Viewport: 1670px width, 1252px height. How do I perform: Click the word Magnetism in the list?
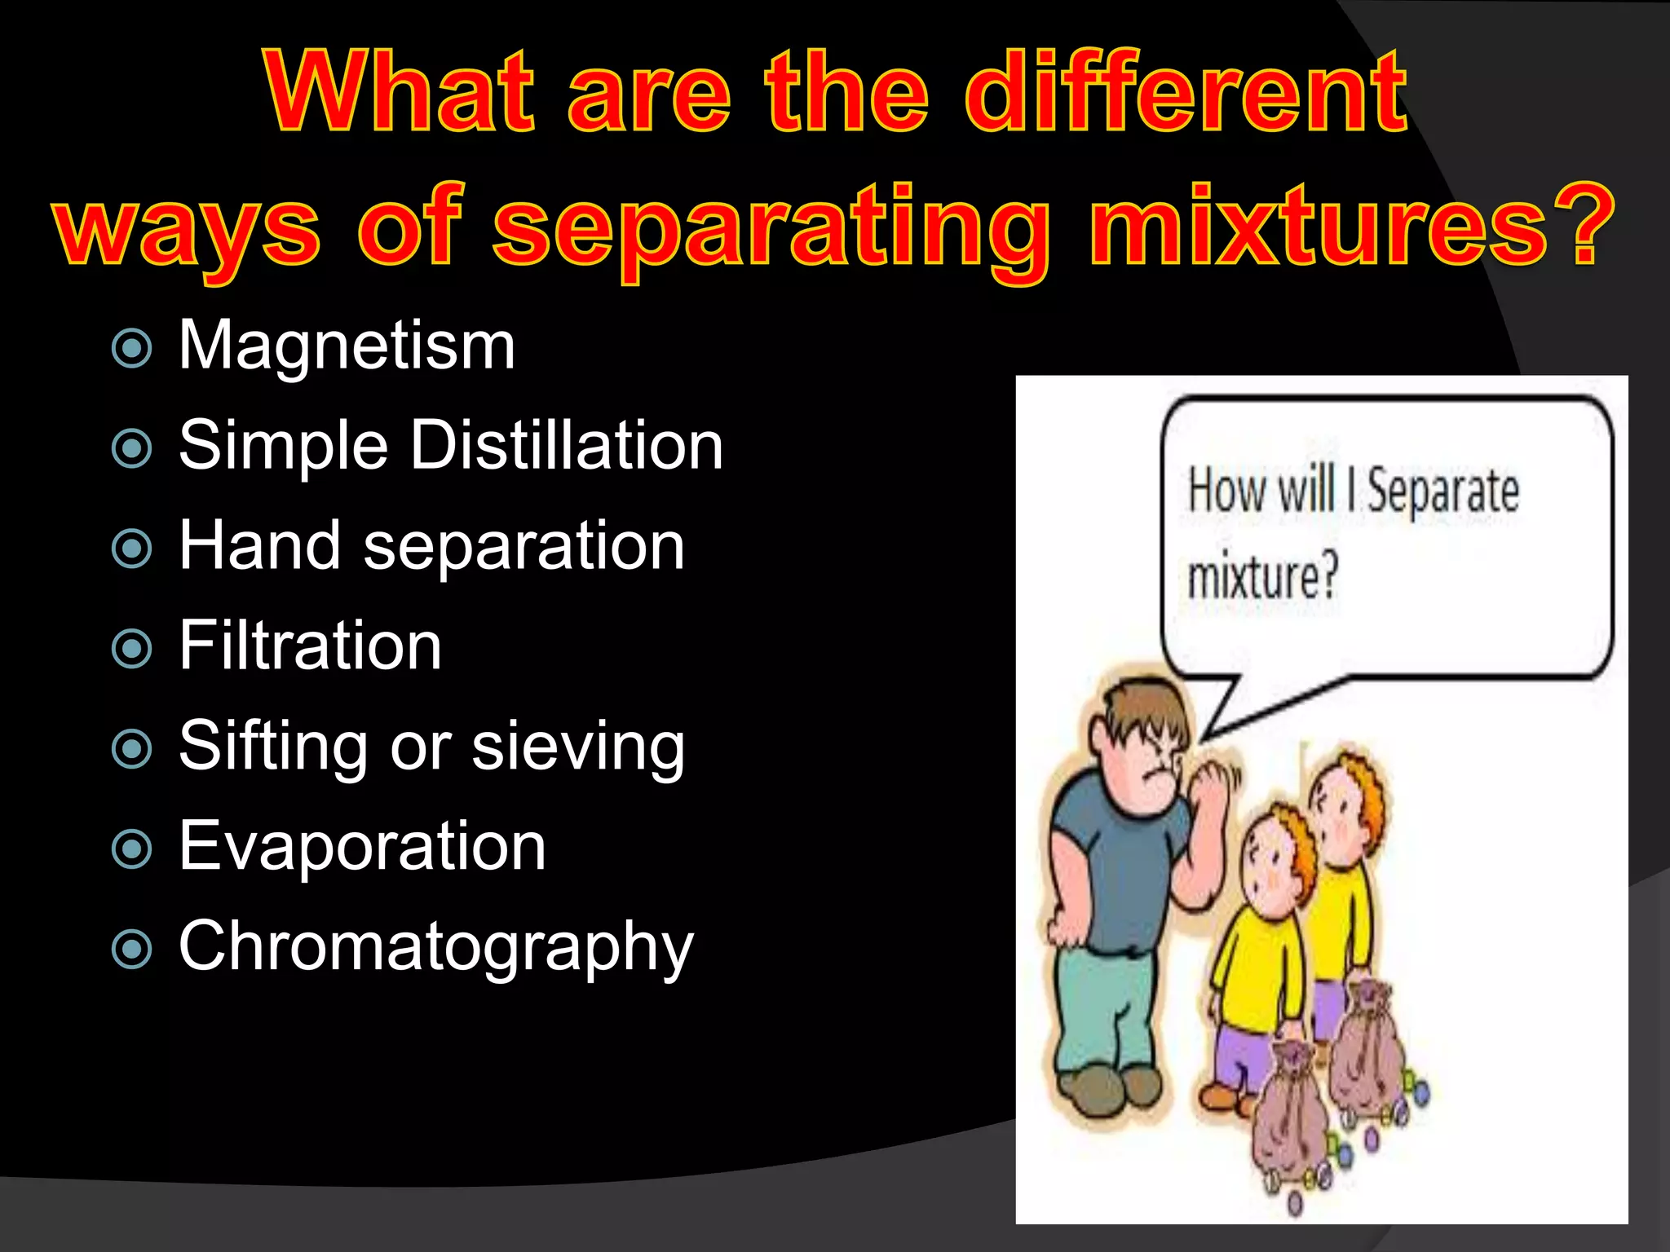tap(347, 346)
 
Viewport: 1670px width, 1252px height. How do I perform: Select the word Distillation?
tap(566, 446)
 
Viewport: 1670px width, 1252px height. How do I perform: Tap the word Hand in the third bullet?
tap(259, 545)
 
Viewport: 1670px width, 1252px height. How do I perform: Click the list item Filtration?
tap(310, 646)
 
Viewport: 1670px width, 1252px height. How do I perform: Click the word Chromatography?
tap(435, 947)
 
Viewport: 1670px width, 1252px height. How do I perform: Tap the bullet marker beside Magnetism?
tap(131, 349)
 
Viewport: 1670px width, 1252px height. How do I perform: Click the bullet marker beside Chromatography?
tap(131, 950)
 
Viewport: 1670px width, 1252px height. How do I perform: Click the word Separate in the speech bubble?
tap(1442, 491)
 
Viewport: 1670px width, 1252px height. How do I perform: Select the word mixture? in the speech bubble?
tap(1263, 577)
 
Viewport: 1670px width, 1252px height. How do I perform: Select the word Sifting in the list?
tap(272, 747)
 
